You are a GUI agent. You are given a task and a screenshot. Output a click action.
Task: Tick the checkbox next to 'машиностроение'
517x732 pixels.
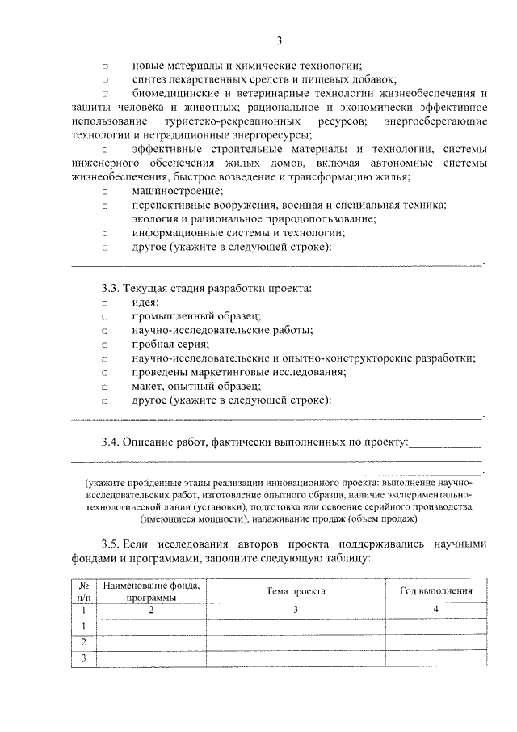(x=105, y=192)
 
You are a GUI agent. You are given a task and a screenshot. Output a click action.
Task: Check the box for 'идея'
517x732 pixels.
(x=105, y=303)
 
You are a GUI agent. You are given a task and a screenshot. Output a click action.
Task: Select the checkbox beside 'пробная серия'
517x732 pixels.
(x=105, y=345)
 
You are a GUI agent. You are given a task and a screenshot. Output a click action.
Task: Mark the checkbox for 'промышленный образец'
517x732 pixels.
(x=105, y=316)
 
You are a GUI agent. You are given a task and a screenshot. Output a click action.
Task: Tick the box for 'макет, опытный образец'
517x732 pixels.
(x=105, y=387)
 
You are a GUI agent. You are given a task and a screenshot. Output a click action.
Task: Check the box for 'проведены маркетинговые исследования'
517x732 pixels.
(x=105, y=373)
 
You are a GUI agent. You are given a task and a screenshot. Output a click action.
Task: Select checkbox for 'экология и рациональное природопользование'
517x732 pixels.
(x=105, y=219)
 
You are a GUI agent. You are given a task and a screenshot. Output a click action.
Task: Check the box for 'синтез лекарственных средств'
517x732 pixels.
(x=105, y=80)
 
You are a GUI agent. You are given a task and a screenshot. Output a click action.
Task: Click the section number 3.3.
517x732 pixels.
(x=111, y=288)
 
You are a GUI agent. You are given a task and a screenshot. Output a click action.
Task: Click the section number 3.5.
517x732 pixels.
(x=111, y=545)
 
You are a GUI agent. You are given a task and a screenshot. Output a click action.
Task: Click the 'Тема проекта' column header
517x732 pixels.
(x=296, y=591)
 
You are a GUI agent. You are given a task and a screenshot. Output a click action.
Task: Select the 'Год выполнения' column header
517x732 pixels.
(x=436, y=591)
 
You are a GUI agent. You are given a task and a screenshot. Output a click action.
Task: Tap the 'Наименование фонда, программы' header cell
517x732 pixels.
(x=151, y=591)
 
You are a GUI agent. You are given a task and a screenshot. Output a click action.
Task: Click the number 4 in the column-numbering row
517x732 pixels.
(x=436, y=609)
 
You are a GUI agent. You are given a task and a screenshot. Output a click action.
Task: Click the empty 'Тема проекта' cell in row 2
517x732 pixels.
(x=296, y=641)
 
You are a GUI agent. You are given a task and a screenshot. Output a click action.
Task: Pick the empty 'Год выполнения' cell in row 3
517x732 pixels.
(x=436, y=658)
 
